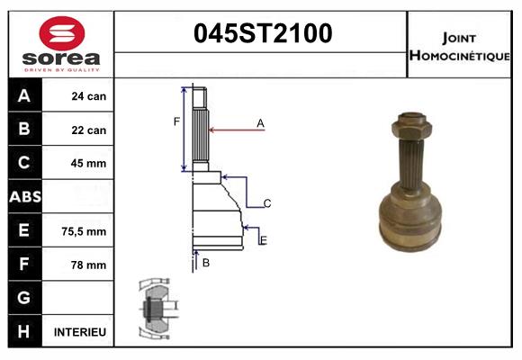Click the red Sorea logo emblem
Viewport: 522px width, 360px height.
(x=62, y=33)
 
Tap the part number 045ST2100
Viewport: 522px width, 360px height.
(x=263, y=33)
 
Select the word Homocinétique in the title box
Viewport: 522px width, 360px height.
(x=459, y=56)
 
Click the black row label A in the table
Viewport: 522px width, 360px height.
(x=24, y=95)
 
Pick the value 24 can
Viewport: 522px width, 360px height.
(x=89, y=96)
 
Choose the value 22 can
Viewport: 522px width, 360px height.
(x=89, y=130)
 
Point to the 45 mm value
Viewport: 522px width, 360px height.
(x=88, y=163)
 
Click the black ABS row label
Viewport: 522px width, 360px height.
(x=25, y=197)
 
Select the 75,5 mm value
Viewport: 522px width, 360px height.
(x=84, y=231)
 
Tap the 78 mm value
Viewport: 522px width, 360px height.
(x=88, y=265)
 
